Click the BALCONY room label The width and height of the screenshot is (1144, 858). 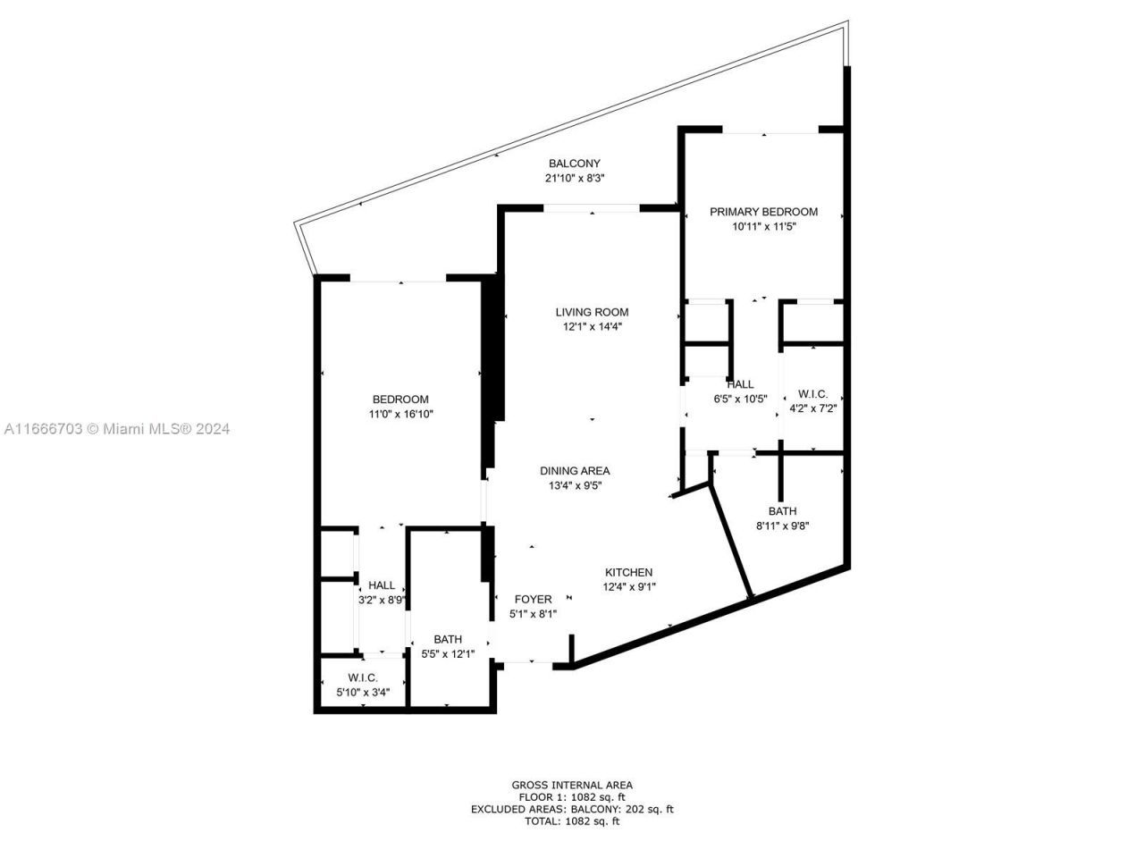point(574,164)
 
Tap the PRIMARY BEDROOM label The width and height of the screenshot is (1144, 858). point(763,212)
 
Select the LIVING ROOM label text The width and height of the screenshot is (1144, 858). point(592,312)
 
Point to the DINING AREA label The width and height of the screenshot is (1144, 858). point(575,471)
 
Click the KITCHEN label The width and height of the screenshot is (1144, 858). point(628,572)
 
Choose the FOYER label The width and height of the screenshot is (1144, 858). point(533,599)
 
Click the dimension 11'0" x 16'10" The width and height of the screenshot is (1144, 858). point(400,414)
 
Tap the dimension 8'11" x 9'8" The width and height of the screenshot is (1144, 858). point(782,526)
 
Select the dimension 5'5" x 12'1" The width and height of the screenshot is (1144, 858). point(448,653)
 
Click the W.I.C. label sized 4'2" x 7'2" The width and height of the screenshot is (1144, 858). point(812,393)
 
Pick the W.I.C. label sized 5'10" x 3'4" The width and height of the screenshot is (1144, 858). point(363,677)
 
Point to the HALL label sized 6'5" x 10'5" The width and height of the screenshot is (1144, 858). point(740,384)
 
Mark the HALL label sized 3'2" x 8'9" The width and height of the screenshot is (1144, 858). point(382,585)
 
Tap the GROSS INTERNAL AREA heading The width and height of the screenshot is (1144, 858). point(572,785)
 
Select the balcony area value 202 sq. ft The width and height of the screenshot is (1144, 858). point(646,809)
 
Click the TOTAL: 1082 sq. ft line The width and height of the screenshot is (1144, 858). point(572,820)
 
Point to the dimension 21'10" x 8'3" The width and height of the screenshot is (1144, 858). point(574,178)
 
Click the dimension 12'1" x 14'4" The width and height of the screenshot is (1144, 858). point(592,326)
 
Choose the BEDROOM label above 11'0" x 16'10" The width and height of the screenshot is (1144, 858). point(400,400)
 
